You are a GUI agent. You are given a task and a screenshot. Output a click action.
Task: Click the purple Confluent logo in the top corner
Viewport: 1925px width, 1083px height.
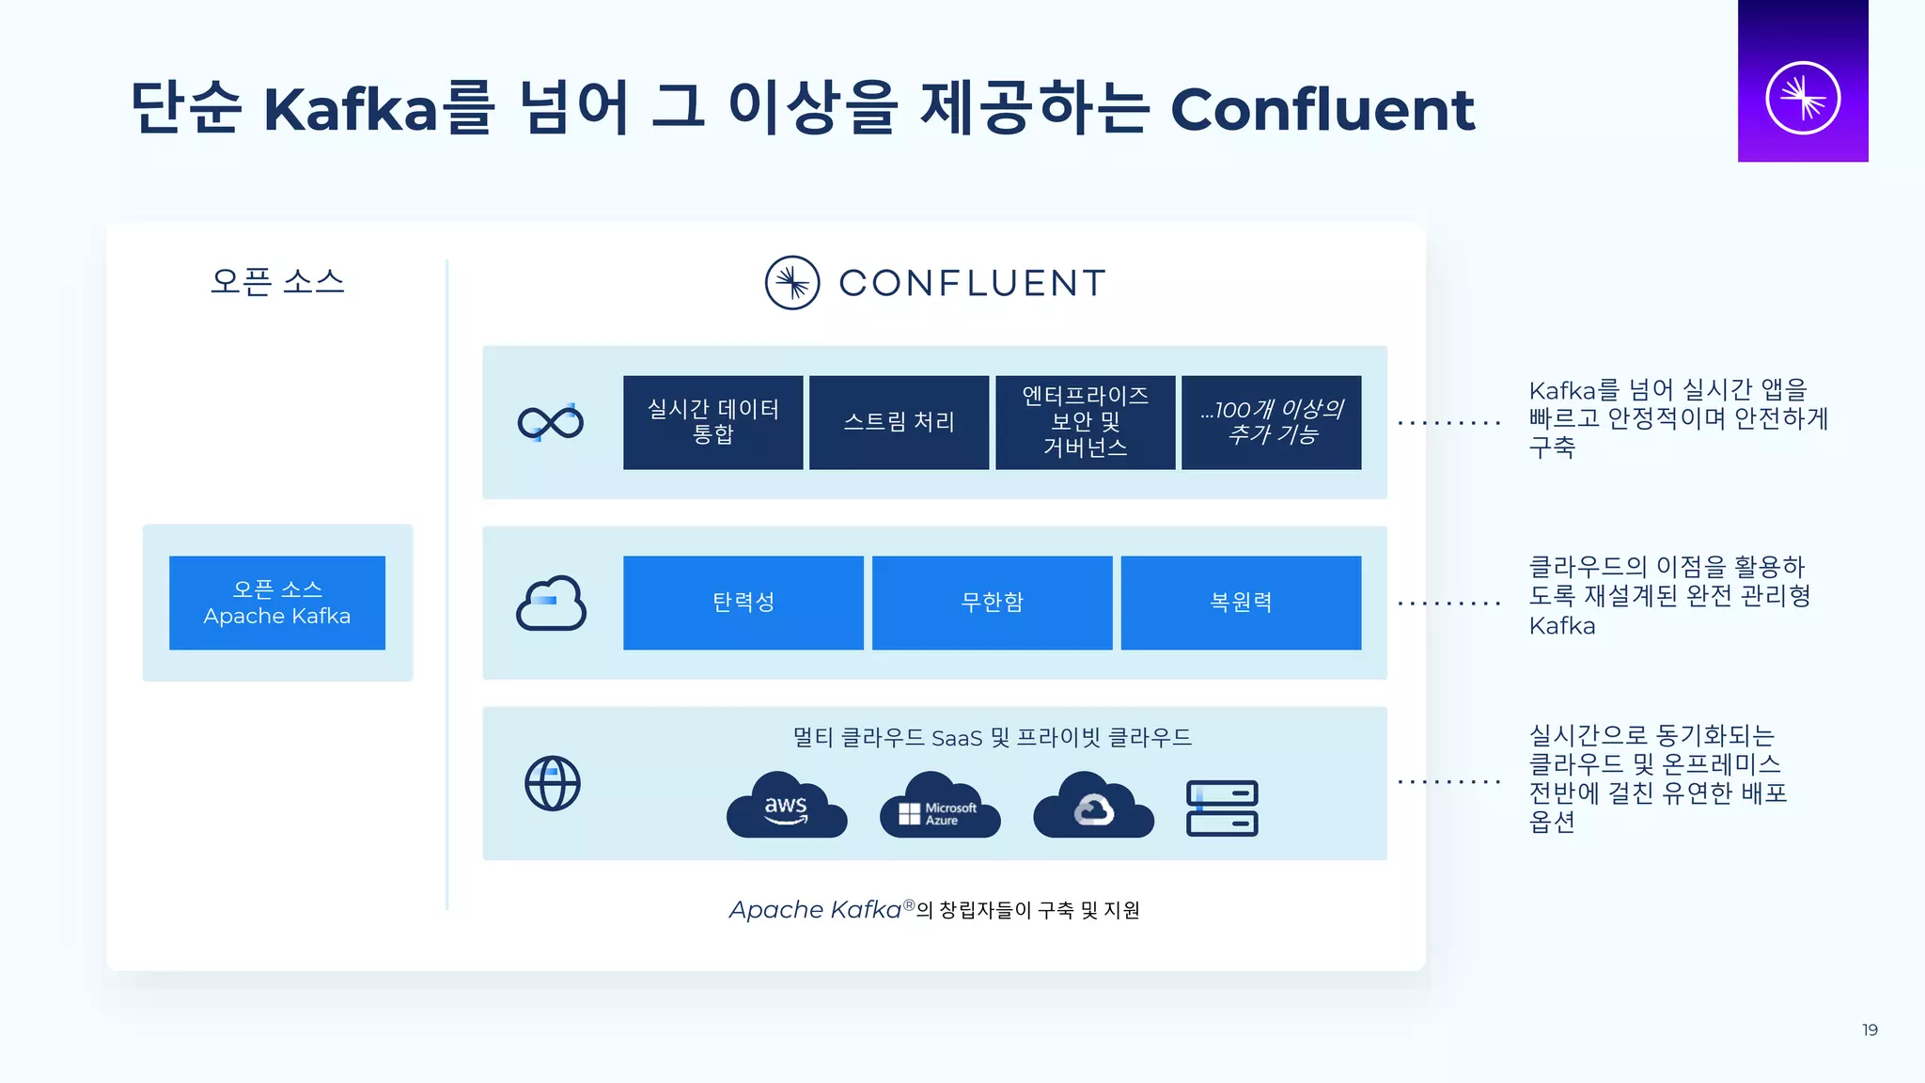click(x=1802, y=82)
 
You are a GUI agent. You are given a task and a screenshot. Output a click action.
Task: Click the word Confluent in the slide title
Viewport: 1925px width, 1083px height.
click(x=1322, y=109)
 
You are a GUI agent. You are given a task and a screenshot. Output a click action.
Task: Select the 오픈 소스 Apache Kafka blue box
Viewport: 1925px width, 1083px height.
click(x=277, y=603)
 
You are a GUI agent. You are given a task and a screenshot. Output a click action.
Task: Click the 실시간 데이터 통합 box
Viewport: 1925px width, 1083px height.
click(x=712, y=422)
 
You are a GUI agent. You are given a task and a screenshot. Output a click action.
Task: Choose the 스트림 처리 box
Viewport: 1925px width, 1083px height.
click(x=899, y=422)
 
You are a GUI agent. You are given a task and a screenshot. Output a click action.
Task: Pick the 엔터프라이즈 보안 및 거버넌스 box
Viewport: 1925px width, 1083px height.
click(x=1085, y=422)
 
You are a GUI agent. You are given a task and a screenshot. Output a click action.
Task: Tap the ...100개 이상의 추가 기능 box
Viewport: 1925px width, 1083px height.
click(x=1271, y=422)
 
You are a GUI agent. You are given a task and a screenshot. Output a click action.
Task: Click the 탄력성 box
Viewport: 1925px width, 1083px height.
click(x=743, y=603)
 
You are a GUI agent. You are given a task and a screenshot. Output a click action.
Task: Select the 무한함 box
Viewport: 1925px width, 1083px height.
click(x=992, y=603)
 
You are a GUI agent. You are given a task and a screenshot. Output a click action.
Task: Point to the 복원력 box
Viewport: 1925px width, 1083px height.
click(x=1241, y=603)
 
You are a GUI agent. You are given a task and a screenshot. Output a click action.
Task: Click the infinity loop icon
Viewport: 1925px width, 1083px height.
click(x=551, y=423)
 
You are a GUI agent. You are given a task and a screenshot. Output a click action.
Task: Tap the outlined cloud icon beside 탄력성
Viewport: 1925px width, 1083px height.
click(x=551, y=603)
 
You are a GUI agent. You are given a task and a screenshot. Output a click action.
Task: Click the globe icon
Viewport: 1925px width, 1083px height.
click(x=553, y=783)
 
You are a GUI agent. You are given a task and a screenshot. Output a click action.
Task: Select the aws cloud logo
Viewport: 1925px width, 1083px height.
click(x=787, y=806)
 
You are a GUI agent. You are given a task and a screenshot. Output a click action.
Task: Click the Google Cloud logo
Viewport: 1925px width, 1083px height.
click(x=1093, y=806)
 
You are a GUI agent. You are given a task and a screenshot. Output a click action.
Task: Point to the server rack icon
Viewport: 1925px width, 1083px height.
click(x=1222, y=808)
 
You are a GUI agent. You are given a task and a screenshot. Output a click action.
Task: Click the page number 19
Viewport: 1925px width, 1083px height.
click(x=1870, y=1030)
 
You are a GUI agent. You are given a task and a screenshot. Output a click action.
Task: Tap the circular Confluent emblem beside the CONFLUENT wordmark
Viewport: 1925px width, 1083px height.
click(x=792, y=283)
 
